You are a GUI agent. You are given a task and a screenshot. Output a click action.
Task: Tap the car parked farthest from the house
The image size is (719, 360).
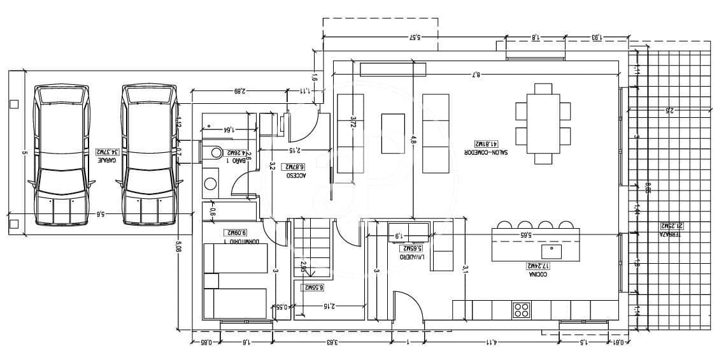point(61,155)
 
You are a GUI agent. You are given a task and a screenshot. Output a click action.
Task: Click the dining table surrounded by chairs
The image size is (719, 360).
point(543,123)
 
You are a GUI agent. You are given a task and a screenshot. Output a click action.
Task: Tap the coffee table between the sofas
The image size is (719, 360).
point(392,133)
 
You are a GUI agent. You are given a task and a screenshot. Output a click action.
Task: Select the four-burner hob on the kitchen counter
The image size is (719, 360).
point(522,310)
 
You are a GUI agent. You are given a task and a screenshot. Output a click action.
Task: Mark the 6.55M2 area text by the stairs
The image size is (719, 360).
point(312,287)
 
